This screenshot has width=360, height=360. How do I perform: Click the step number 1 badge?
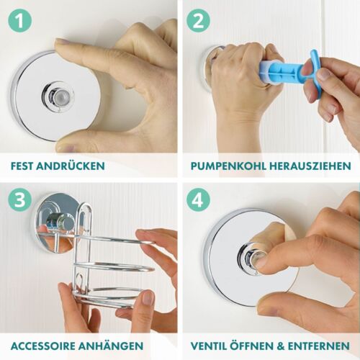[20, 20]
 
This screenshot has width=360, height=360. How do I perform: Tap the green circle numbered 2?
[198, 20]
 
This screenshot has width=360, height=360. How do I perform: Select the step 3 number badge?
[20, 199]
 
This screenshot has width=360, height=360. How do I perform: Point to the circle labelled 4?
[198, 199]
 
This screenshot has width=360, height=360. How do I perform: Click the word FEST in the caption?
[22, 166]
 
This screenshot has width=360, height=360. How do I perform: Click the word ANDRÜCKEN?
[71, 166]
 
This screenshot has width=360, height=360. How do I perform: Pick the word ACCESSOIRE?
[43, 346]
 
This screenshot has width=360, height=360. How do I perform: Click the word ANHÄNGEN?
[111, 346]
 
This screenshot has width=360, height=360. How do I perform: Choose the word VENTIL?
[208, 346]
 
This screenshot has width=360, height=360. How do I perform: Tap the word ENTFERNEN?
[319, 346]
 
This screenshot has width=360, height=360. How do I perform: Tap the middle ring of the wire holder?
[114, 266]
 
